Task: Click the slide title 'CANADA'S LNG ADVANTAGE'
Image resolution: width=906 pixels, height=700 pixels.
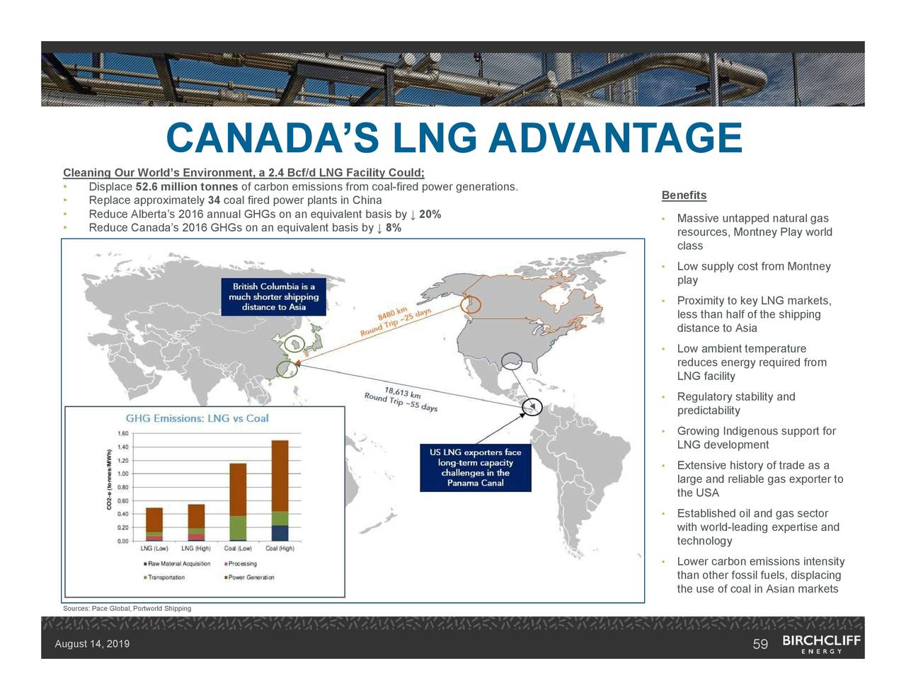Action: tap(453, 138)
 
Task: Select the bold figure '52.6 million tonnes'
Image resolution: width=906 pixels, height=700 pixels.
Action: tap(186, 187)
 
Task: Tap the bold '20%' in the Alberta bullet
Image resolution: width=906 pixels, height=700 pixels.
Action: tap(430, 214)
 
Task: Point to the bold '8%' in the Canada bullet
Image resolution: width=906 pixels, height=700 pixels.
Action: tap(393, 228)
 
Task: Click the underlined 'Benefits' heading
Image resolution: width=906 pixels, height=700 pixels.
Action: tap(684, 195)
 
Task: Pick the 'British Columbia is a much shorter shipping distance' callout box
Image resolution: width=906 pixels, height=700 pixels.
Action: tap(273, 297)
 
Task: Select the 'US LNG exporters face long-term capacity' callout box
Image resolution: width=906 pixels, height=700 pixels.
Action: tap(475, 468)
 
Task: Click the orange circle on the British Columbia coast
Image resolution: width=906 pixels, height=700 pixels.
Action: tap(470, 304)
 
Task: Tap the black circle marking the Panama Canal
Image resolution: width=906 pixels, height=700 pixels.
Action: tap(532, 407)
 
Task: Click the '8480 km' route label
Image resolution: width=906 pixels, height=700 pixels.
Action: tap(393, 314)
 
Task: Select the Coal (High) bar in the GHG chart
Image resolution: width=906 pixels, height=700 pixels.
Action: tap(280, 490)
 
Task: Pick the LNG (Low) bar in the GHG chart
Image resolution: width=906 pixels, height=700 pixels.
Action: tap(154, 524)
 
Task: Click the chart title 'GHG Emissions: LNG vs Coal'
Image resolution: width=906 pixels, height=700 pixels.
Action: tap(197, 418)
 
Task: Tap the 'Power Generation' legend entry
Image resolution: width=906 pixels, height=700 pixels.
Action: tap(251, 578)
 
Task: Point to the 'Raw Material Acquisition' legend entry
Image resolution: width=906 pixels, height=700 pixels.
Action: tap(178, 564)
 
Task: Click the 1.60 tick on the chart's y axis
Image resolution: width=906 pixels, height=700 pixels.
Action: tap(122, 433)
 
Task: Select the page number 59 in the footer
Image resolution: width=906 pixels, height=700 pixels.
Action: tap(760, 644)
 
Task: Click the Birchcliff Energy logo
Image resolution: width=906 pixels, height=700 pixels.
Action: tap(821, 643)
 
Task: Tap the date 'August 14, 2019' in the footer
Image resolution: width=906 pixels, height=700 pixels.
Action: tap(92, 644)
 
